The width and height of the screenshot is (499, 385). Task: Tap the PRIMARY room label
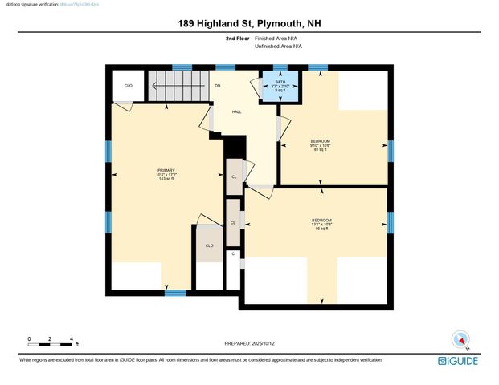tap(166, 171)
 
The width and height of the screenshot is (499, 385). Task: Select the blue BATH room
tap(280, 86)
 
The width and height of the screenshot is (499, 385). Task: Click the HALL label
tap(237, 111)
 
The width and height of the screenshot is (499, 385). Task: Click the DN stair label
tap(217, 85)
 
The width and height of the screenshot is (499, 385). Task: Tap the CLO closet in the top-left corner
tap(128, 85)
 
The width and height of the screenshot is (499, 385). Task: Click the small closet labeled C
tap(233, 253)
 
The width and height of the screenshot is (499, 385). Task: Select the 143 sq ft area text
tap(166, 180)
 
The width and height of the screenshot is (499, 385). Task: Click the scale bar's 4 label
tap(72, 339)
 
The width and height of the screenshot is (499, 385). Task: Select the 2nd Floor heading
tap(237, 38)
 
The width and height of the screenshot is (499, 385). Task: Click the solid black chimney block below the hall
tap(235, 148)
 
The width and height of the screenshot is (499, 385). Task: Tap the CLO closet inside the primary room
tap(209, 245)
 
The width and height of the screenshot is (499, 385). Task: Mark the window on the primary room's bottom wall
tap(175, 293)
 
